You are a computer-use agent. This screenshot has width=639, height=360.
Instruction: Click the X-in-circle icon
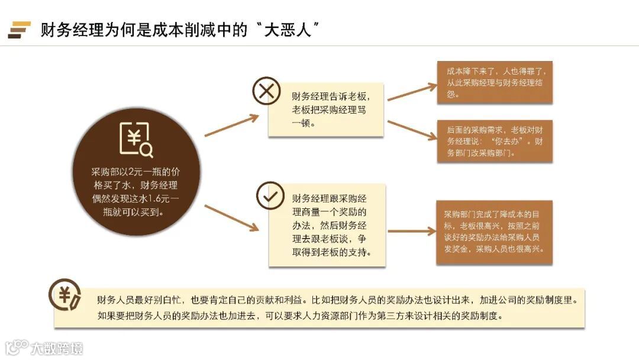(x=266, y=91)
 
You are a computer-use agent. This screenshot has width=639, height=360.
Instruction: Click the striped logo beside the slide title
(x=20, y=30)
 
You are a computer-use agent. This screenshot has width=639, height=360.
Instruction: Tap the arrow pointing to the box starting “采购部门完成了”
(x=411, y=232)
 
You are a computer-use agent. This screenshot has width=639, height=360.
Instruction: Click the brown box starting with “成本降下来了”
(x=494, y=82)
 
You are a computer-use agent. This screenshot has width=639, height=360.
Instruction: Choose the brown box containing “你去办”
(x=494, y=142)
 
